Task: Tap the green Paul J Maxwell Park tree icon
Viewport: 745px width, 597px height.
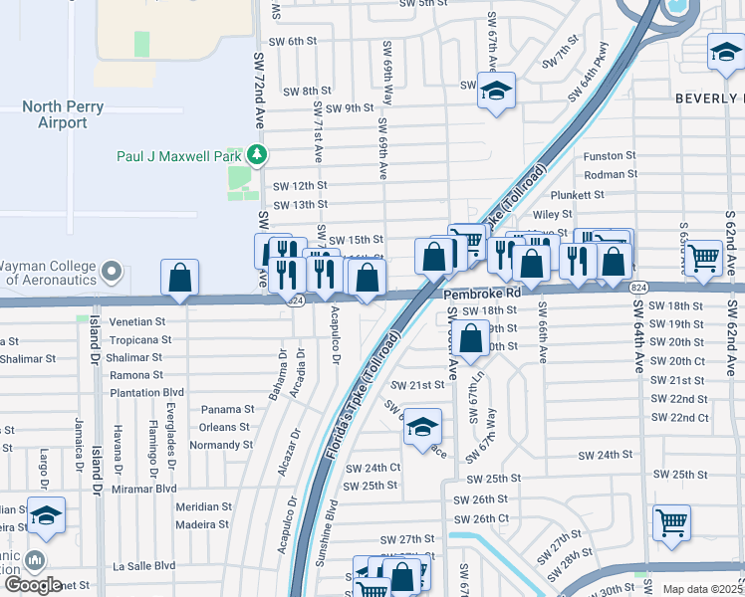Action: pos(258,155)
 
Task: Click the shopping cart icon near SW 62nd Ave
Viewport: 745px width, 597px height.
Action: pos(704,259)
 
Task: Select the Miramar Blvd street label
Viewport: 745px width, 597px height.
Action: pos(143,488)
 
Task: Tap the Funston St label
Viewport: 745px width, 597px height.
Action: pos(610,156)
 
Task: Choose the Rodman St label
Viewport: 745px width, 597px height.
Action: pos(611,174)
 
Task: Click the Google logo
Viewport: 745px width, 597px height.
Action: pos(32,585)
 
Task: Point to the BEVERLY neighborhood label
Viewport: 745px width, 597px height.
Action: pos(709,99)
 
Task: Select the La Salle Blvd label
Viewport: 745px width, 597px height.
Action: pos(144,566)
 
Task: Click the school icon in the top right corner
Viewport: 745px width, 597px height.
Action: pos(725,53)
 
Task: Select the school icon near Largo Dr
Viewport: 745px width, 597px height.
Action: pos(46,515)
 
